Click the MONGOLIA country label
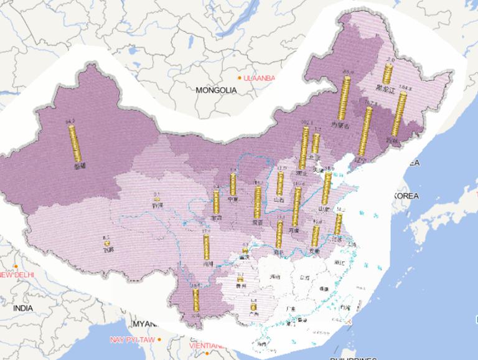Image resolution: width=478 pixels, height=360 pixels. pos(216,90)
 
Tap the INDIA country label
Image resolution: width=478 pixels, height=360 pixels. pos(23,308)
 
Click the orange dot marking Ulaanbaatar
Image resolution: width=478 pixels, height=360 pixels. pos(240,78)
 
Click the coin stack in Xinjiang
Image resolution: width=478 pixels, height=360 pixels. pos(75,144)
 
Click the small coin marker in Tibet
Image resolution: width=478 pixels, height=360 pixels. pos(106,241)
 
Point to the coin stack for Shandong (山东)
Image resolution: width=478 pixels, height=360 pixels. pos(326,189)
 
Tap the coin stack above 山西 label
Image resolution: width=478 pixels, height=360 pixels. pos(281,184)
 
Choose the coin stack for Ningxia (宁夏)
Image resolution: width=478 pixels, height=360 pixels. pos(233,184)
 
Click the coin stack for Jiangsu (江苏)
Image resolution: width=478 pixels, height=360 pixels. pos(338,223)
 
